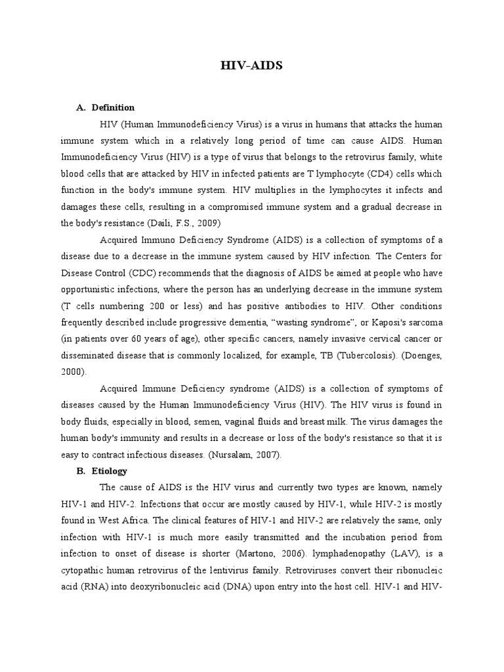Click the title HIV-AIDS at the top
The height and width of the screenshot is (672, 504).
[x=251, y=66]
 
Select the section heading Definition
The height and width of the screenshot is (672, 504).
[x=113, y=107]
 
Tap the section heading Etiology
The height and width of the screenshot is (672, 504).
[x=110, y=471]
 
